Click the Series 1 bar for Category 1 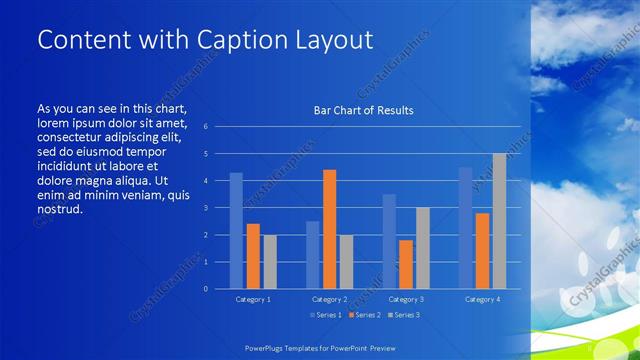[236, 231]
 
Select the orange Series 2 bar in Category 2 [329, 229]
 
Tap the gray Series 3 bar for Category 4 [499, 221]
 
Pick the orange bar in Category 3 [406, 264]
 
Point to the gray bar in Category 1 [270, 262]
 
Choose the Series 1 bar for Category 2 [313, 255]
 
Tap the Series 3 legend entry [403, 315]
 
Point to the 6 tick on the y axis [205, 127]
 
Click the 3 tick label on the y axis [205, 208]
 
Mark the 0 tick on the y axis [205, 289]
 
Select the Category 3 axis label [406, 299]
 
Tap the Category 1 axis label [253, 299]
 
